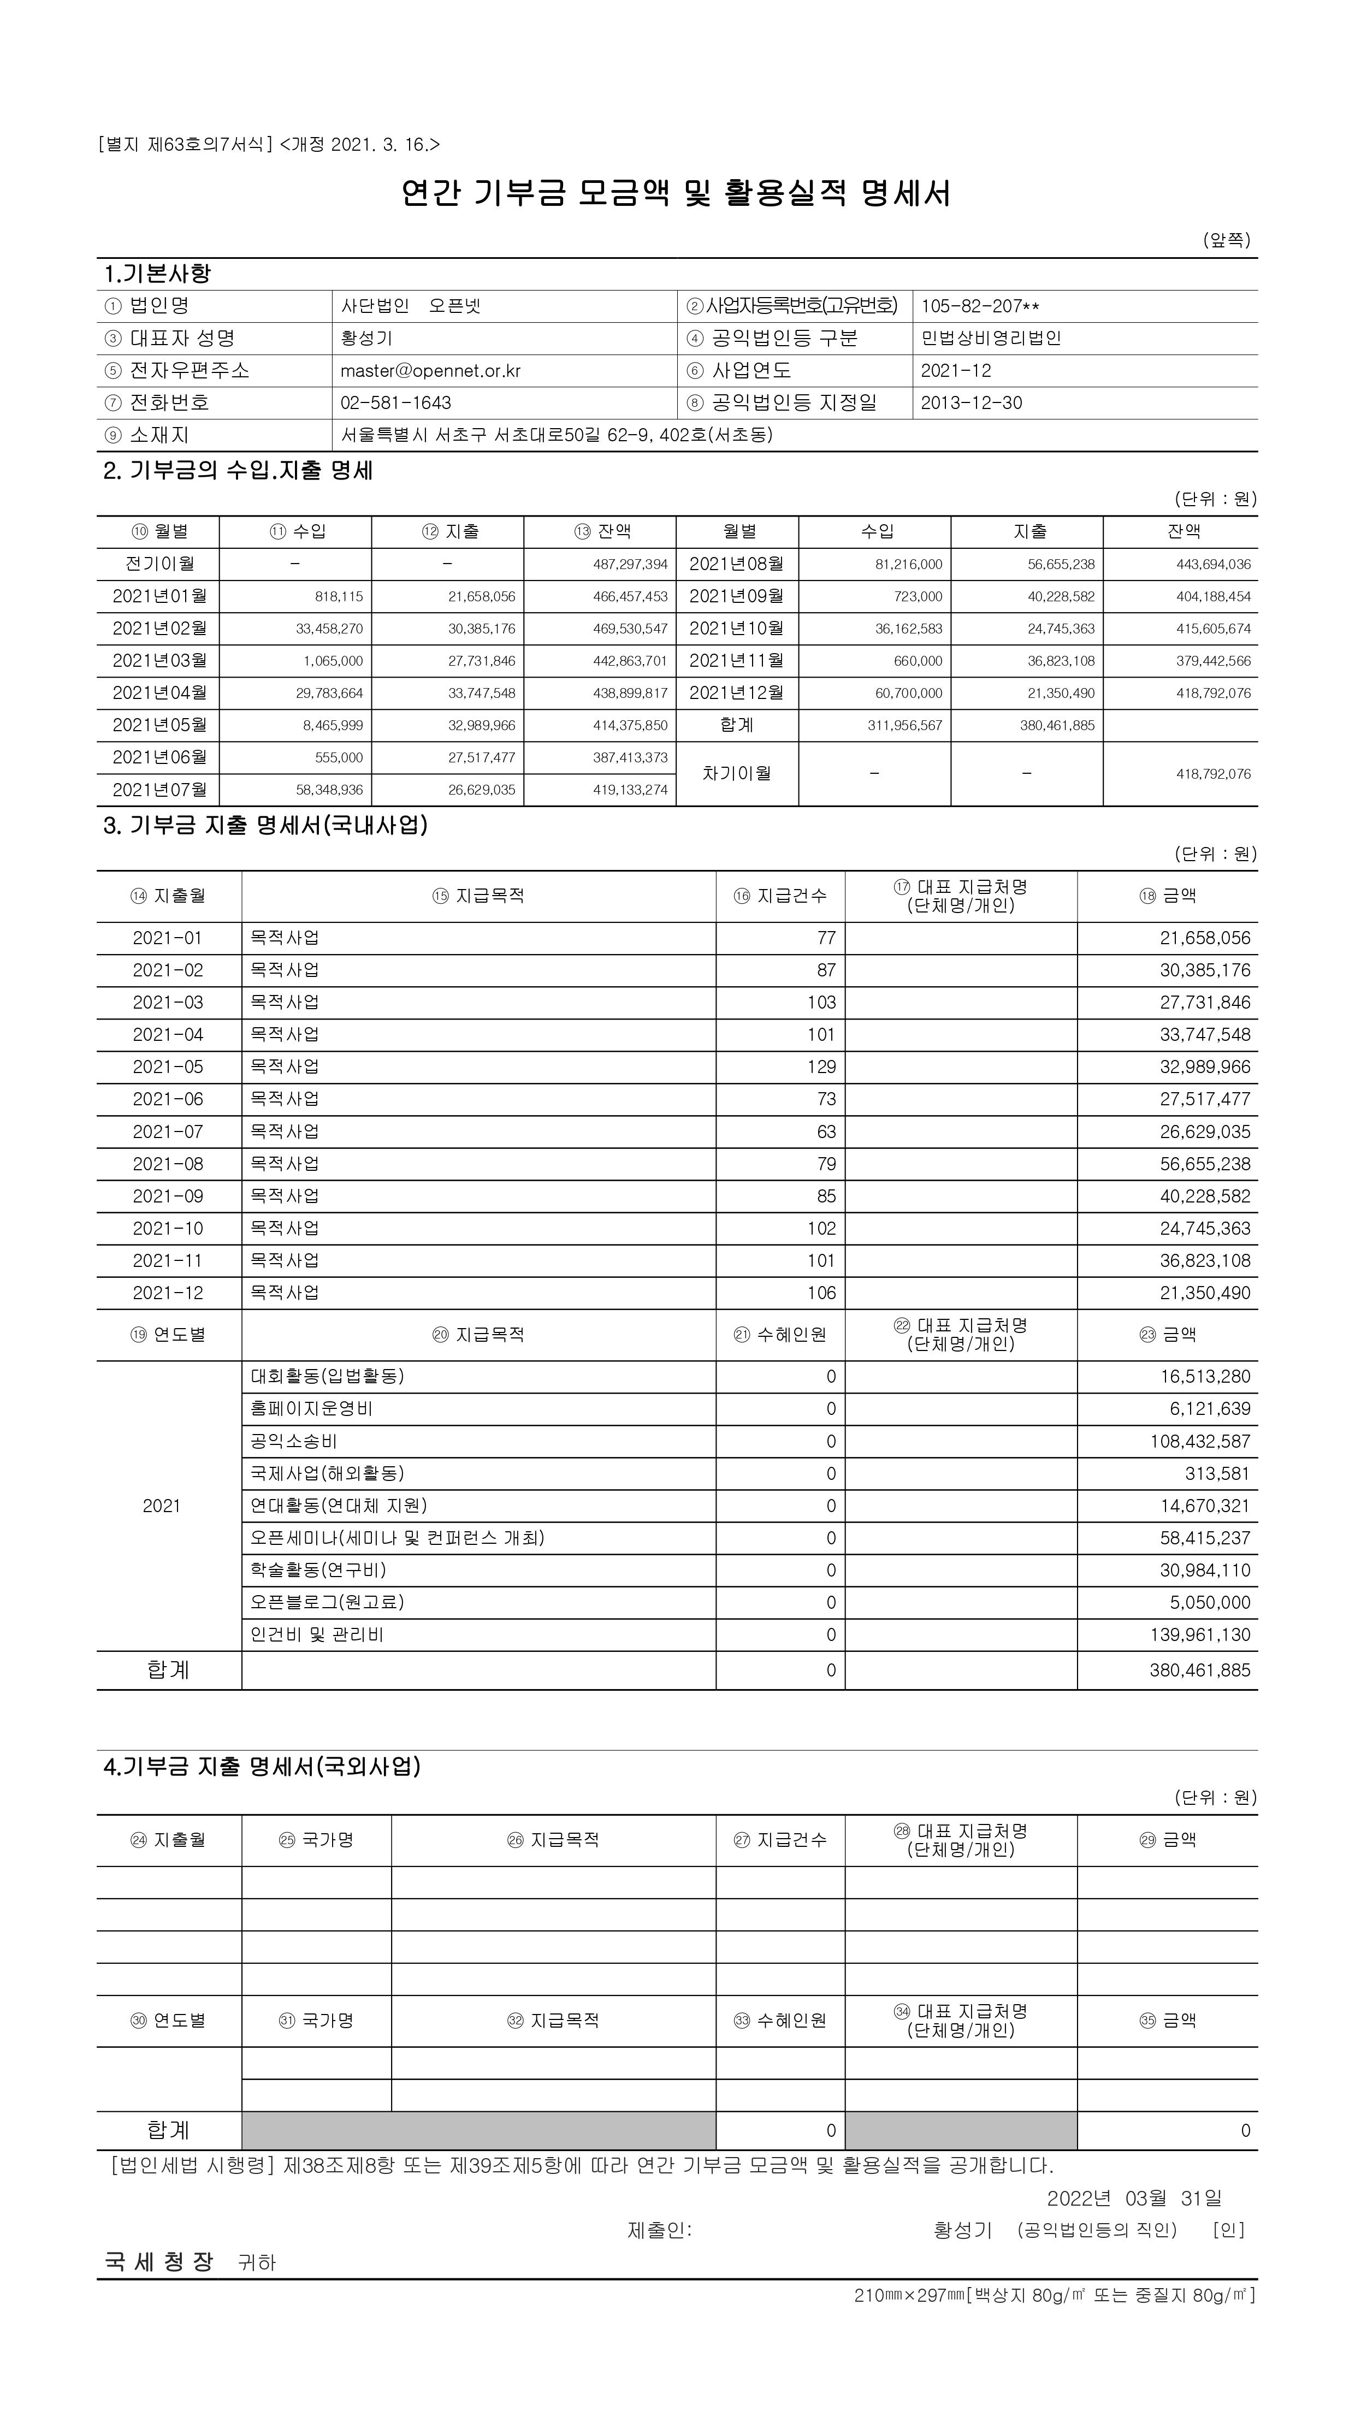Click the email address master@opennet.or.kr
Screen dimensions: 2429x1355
click(430, 371)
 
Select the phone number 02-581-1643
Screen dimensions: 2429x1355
click(396, 402)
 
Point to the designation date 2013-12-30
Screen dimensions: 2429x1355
click(971, 402)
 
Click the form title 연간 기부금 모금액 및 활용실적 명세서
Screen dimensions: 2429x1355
click(676, 193)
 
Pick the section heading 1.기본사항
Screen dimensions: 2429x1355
click(157, 274)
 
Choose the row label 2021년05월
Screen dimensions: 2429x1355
click(159, 725)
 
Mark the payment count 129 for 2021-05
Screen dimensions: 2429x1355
click(821, 1067)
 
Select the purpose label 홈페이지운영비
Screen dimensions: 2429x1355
click(311, 1409)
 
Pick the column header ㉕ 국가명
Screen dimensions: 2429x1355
click(316, 1840)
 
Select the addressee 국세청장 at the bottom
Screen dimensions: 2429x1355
click(159, 2261)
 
